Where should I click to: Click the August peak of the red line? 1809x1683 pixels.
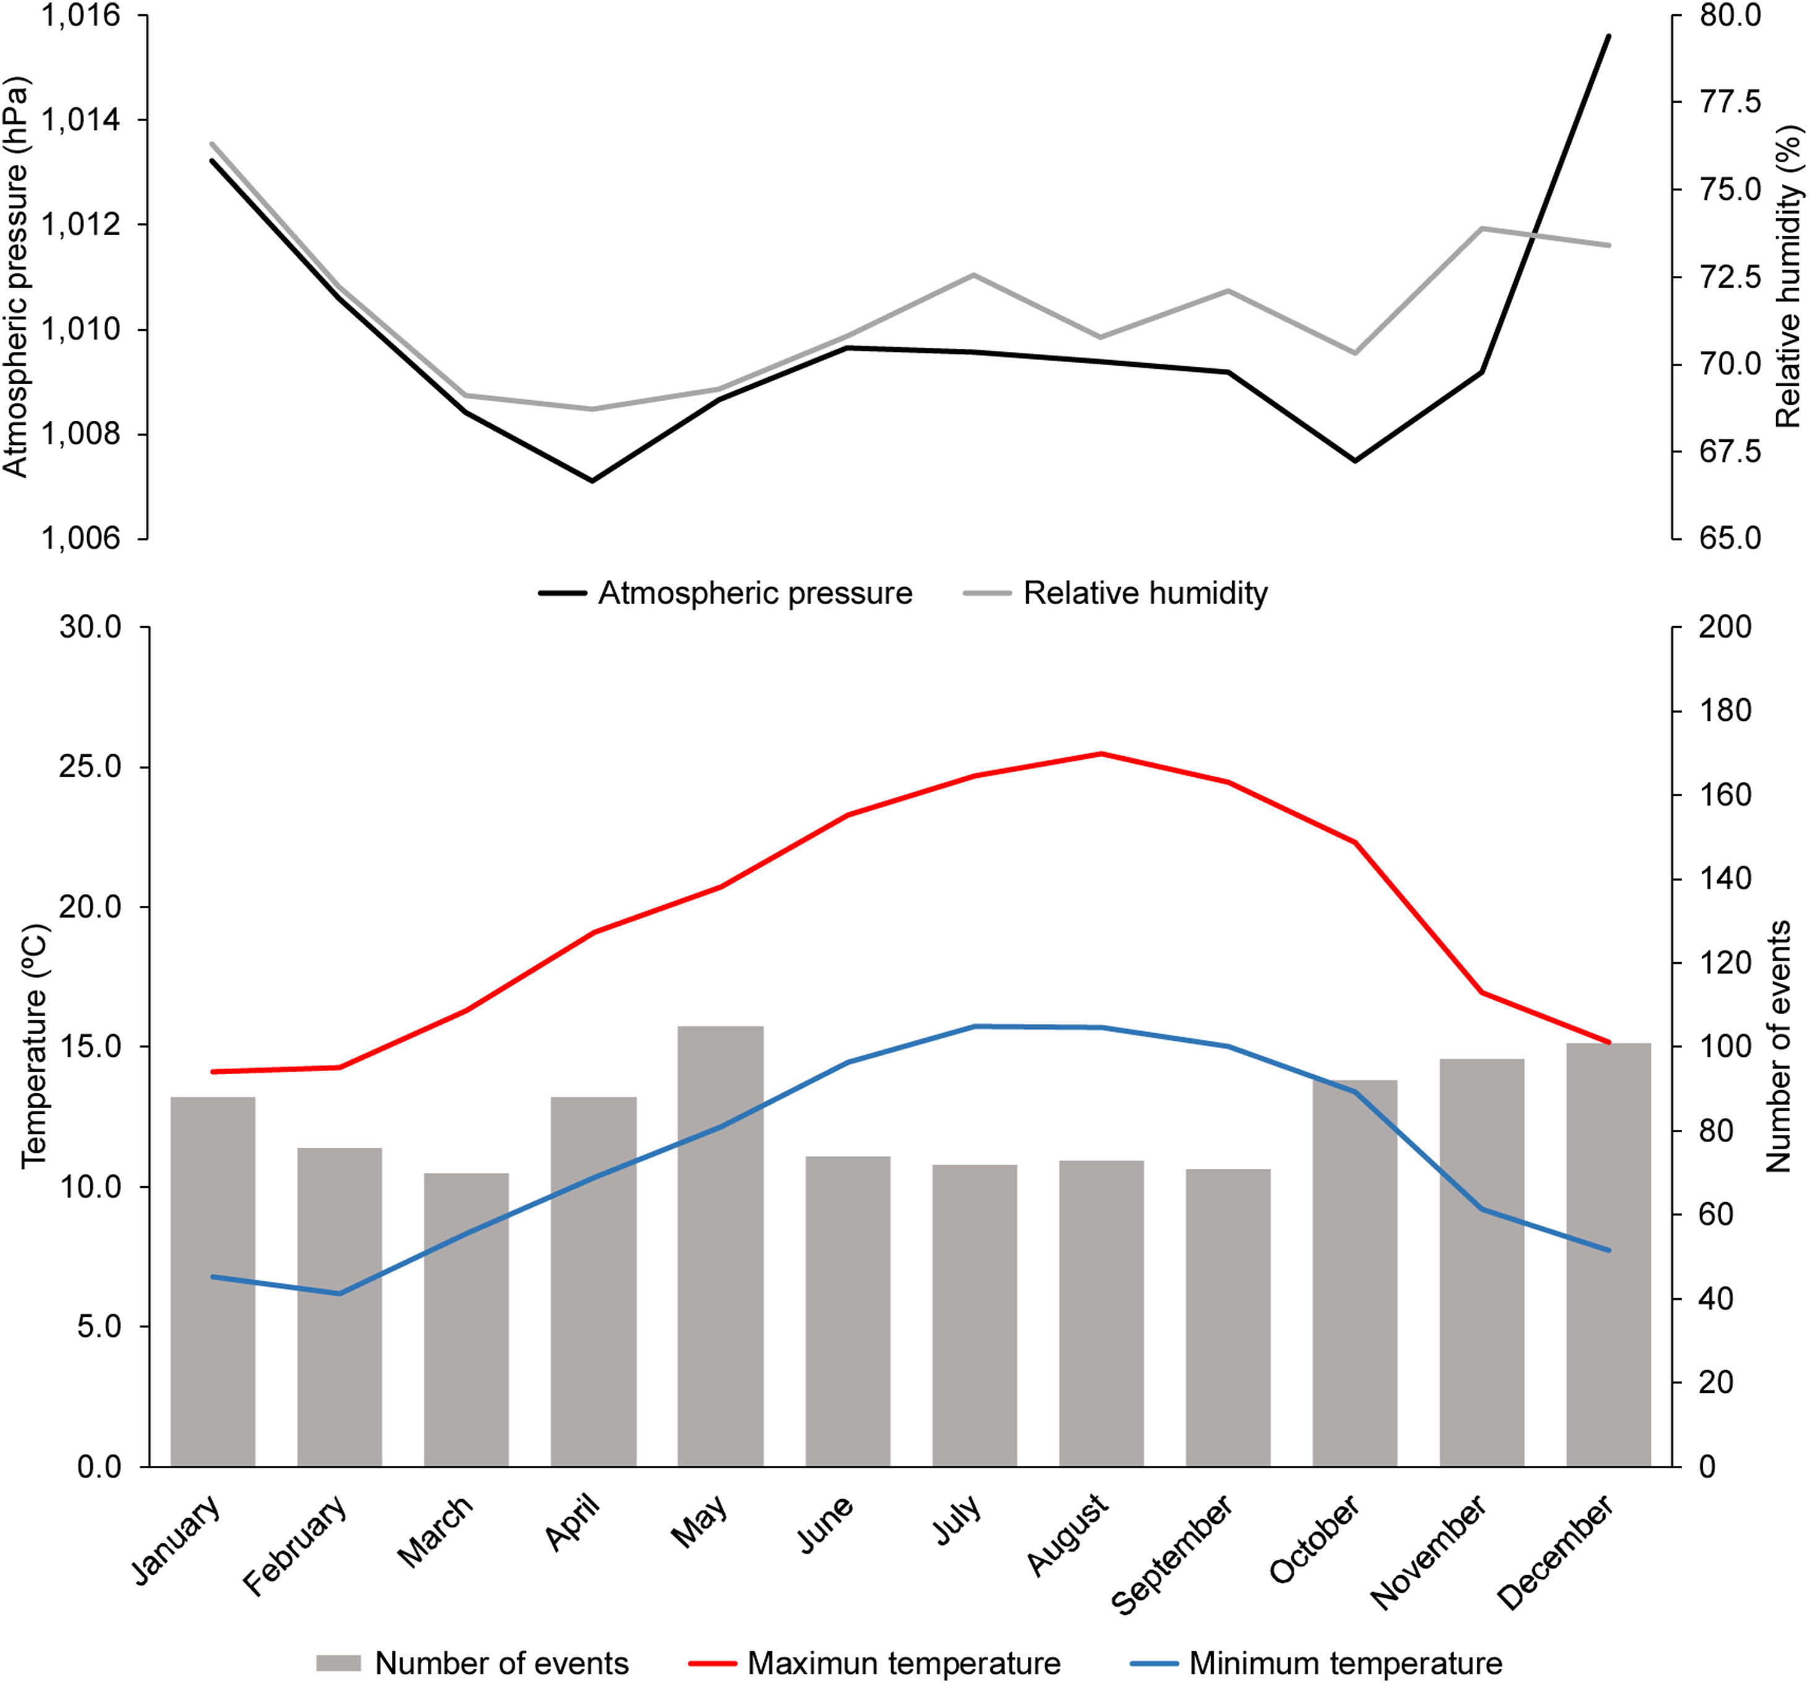coord(1101,754)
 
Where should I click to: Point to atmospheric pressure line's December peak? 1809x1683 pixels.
coord(1609,37)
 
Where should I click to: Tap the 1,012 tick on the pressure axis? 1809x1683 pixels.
coord(81,225)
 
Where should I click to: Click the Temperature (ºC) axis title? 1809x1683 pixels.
coord(33,1047)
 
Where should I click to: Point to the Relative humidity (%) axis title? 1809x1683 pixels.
coord(1787,278)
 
